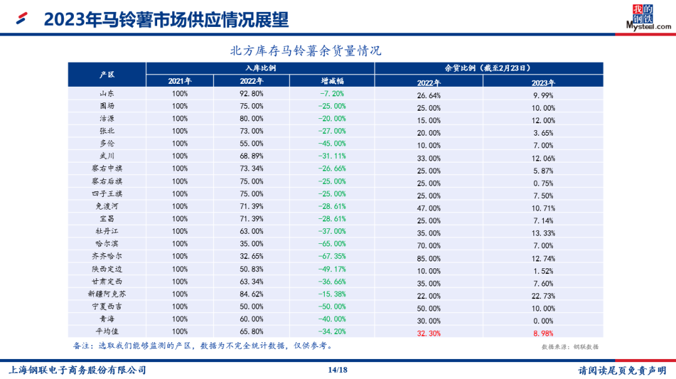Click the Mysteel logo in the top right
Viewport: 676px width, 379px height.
pos(648,17)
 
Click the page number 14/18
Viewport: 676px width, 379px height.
pos(337,370)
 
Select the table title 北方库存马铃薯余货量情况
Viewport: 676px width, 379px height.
pos(306,50)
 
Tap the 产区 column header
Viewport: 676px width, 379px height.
pos(107,74)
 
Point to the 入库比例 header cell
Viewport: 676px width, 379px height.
pos(260,68)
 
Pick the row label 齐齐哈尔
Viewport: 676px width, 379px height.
pos(107,256)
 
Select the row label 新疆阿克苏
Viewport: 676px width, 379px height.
pos(107,294)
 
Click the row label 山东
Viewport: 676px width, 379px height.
pos(107,94)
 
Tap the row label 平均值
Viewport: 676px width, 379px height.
pos(107,331)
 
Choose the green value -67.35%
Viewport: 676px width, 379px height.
pos(332,256)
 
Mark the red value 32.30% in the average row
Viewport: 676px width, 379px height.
pos(429,333)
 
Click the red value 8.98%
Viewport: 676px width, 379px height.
pos(542,333)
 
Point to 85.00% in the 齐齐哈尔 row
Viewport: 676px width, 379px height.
pos(429,258)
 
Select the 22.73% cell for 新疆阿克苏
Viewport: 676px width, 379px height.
pos(542,296)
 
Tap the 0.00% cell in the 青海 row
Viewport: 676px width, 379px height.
pos(542,321)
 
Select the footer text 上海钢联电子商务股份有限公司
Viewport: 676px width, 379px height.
pos(76,370)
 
